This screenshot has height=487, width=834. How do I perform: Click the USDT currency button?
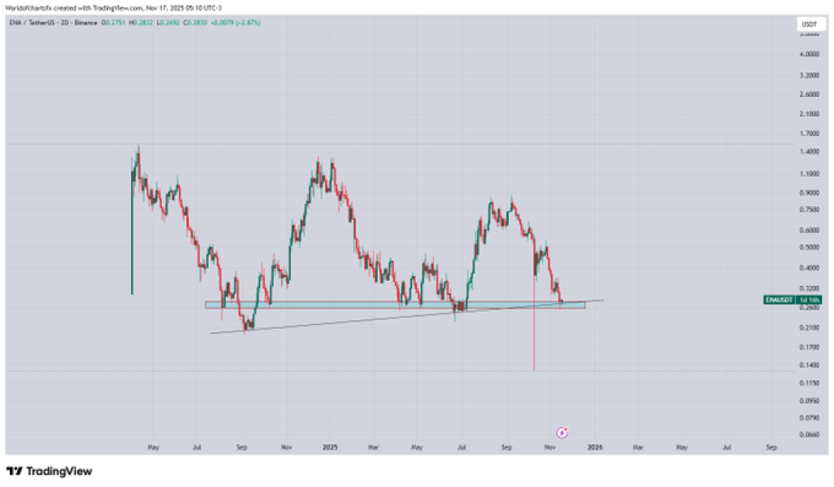pos(809,25)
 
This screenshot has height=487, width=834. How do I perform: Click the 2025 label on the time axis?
pos(329,447)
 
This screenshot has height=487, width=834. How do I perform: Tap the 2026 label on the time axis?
pos(595,447)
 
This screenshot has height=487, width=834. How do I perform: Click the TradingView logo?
pos(49,471)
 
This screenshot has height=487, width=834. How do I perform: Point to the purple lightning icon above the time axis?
pos(561,432)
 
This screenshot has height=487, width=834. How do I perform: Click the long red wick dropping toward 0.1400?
pos(533,342)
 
